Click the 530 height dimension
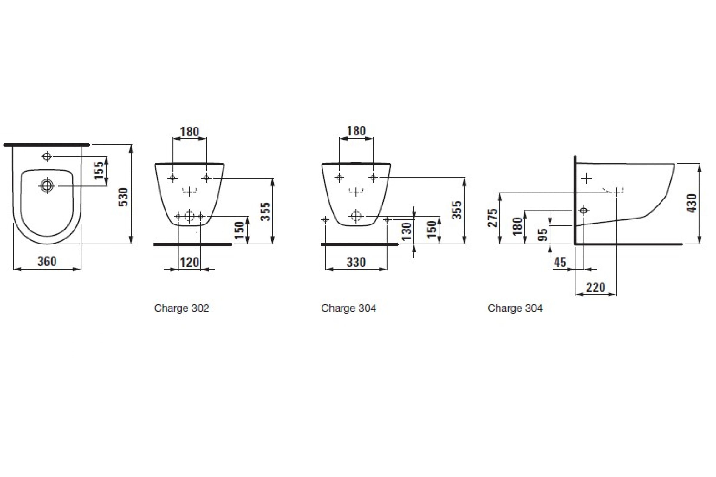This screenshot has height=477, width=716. click(124, 197)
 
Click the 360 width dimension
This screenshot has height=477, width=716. click(47, 262)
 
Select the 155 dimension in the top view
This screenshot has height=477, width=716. click(99, 170)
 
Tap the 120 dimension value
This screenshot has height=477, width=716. click(189, 262)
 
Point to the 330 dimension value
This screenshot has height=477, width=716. click(356, 262)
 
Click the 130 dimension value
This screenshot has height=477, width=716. click(406, 232)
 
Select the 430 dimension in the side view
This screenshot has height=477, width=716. click(692, 203)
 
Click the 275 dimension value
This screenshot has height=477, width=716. click(493, 218)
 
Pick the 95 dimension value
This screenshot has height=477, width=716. click(543, 235)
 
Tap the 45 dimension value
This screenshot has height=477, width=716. click(560, 262)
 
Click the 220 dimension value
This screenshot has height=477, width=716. click(596, 287)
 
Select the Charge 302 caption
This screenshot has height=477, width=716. click(182, 309)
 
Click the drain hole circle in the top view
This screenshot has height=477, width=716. click(47, 185)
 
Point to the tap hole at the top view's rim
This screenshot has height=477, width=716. click(47, 156)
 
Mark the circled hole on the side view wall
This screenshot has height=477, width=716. click(584, 210)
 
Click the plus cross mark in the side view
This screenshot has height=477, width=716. click(586, 178)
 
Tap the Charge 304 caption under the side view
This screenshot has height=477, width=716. click(515, 309)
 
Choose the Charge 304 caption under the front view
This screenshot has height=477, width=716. click(348, 309)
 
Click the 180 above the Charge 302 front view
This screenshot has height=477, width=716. click(189, 132)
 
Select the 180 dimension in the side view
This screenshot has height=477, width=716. click(518, 226)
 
